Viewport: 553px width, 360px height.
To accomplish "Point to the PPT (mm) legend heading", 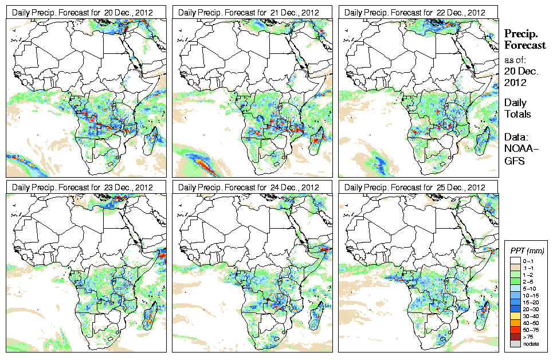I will click(x=527, y=251).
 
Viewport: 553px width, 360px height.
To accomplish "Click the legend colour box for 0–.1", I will click(x=515, y=261).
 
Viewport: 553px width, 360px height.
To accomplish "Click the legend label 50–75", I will click(x=530, y=330).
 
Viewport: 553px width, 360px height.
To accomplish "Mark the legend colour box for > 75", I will click(x=515, y=337).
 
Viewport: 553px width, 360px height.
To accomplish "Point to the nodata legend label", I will click(x=530, y=344).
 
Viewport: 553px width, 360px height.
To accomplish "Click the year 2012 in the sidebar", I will click(x=515, y=82).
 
